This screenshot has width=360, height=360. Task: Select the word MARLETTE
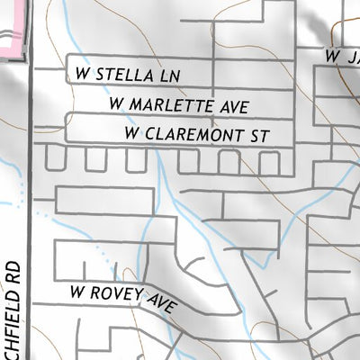170,104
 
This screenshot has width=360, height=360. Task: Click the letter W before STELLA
84,69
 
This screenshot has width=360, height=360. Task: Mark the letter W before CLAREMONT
133,134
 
